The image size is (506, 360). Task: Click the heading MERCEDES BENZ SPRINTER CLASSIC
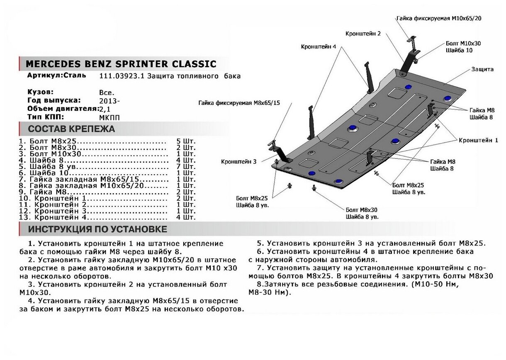point(121,64)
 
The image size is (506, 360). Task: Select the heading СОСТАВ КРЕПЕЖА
point(71,129)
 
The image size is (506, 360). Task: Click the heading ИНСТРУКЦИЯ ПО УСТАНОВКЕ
point(98,229)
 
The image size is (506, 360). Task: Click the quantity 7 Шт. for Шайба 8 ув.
point(185,166)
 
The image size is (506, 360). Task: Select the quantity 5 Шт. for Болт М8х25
point(185,141)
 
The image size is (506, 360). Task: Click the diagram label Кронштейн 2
point(363,33)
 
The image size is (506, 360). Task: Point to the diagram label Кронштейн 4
point(319,46)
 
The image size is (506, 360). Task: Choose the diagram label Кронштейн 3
point(239,161)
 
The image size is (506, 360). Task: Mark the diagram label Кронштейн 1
point(478,141)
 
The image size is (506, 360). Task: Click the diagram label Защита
point(482,69)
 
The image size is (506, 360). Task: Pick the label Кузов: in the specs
point(40,92)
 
